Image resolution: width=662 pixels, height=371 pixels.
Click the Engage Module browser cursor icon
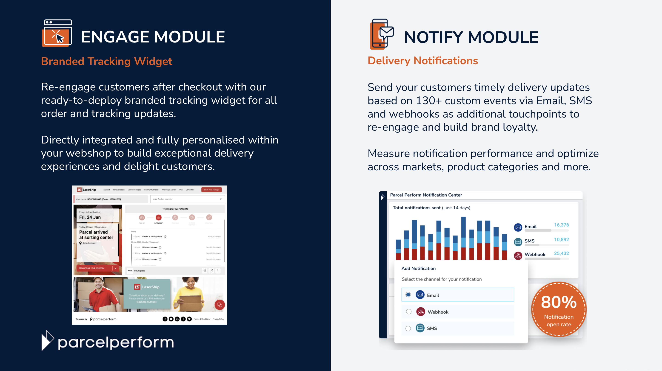click(57, 33)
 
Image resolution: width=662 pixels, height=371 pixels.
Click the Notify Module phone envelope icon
click(381, 34)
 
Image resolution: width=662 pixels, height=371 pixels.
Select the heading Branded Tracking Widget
click(107, 61)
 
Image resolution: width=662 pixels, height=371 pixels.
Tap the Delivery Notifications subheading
click(422, 61)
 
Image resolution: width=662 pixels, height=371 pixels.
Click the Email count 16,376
click(561, 225)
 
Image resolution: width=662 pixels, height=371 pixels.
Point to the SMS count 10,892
click(561, 239)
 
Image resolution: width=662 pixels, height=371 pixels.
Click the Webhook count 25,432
click(561, 253)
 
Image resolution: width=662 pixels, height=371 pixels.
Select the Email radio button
click(408, 295)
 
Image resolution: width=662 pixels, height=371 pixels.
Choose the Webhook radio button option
click(409, 312)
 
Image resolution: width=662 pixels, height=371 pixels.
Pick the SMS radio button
click(408, 328)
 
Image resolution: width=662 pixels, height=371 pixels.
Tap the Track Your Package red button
click(211, 190)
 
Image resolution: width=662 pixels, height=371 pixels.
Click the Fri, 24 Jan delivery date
click(90, 217)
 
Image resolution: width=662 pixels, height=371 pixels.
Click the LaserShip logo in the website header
click(87, 190)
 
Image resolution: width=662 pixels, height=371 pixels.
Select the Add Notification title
click(418, 268)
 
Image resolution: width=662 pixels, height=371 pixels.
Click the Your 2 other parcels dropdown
click(188, 199)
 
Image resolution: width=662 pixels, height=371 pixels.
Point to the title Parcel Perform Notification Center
click(426, 195)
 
